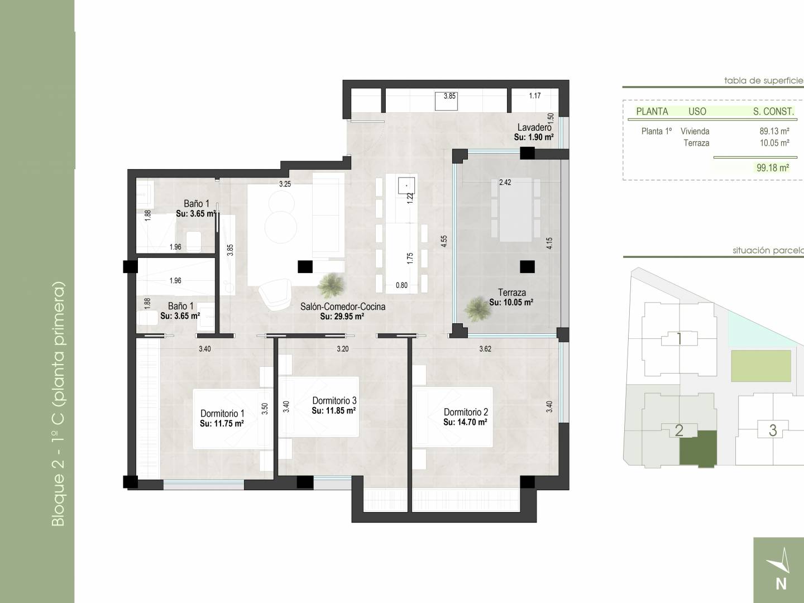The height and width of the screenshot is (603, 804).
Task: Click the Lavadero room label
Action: coord(534,127)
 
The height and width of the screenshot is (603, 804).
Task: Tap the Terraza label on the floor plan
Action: coord(511,293)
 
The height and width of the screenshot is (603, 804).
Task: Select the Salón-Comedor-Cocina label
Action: coord(342,307)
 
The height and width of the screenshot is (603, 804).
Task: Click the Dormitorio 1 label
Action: coord(222,414)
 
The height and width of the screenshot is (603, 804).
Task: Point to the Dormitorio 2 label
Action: coord(466,412)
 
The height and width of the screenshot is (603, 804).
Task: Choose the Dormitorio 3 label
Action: coord(334,401)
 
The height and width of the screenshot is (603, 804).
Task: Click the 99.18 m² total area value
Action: coord(773,168)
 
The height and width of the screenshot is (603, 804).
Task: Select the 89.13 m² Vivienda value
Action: coord(774,131)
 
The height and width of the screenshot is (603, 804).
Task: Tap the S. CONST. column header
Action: coord(773,112)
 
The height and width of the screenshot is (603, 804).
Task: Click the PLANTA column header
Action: coord(652,112)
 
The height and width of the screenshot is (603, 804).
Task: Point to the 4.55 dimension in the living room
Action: coord(443,241)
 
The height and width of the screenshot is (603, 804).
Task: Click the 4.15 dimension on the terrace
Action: coord(549,243)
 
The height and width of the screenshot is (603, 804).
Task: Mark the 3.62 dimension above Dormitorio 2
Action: coord(485,349)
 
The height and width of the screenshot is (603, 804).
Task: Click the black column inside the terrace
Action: coord(527,266)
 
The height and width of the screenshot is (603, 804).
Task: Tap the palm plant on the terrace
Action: coord(477,309)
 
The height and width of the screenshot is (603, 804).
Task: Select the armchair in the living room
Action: coord(274,294)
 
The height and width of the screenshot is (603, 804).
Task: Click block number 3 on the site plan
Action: coord(773,430)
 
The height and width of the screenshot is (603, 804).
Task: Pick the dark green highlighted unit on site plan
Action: coord(698,449)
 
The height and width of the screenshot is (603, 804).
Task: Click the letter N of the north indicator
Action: coord(781,585)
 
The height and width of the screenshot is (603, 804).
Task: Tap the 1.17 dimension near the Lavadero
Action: coord(535,95)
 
